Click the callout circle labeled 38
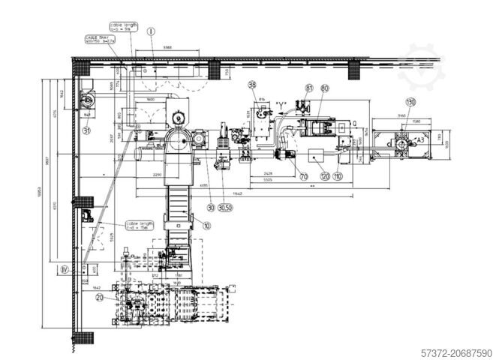coord(252,85)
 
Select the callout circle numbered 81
coord(308,88)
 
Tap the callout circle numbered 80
coord(325,88)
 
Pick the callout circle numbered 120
coord(325,177)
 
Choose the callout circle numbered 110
coord(338,177)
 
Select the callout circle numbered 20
coord(100,296)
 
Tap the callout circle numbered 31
coord(86,130)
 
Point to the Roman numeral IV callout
coord(65,268)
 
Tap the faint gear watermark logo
coord(420,67)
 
